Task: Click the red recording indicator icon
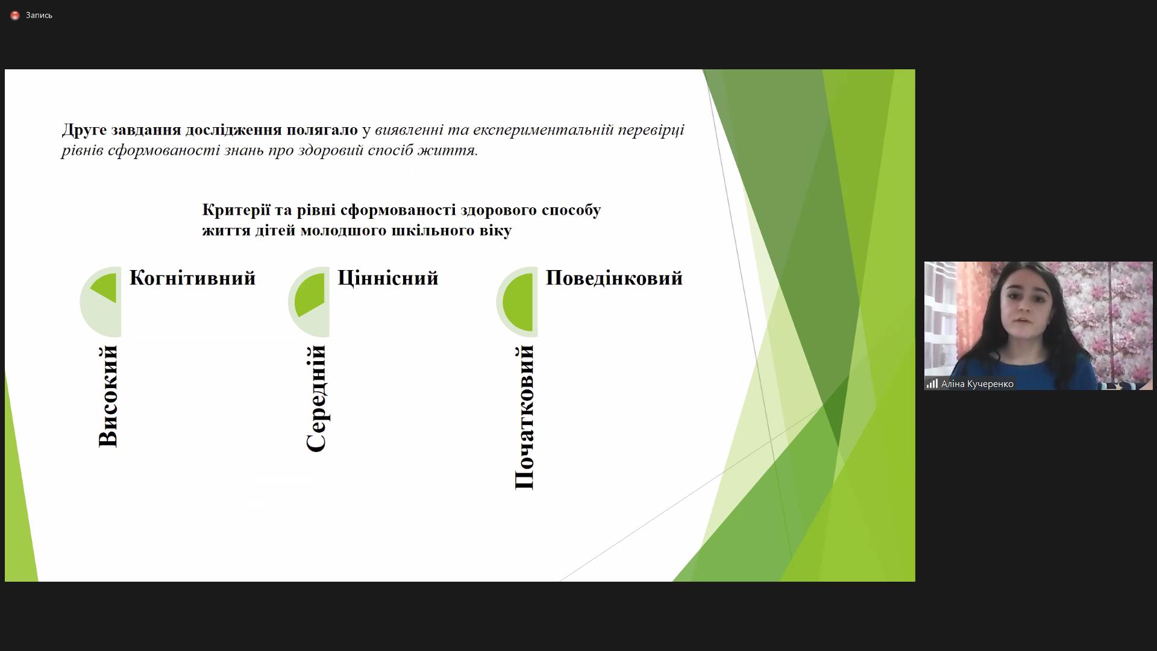15,16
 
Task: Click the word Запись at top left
39,16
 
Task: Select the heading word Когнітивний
193,278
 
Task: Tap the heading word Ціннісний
388,278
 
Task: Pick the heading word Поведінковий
614,278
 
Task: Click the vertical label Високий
108,396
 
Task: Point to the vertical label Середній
316,398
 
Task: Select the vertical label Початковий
524,417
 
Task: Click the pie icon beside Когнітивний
101,301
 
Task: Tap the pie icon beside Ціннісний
309,301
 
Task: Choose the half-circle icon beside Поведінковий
517,301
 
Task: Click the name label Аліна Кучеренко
977,384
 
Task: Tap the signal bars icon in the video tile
932,384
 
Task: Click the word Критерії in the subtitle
236,210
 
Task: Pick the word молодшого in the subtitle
343,231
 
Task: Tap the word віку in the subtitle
497,231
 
